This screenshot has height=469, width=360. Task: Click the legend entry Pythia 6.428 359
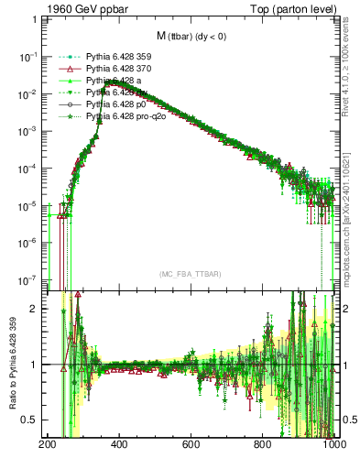(x=117, y=57)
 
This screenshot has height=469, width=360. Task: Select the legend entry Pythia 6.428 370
(x=117, y=69)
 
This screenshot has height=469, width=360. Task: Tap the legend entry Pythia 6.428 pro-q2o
(x=124, y=117)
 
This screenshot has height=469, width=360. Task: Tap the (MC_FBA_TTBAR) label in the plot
(x=190, y=274)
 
